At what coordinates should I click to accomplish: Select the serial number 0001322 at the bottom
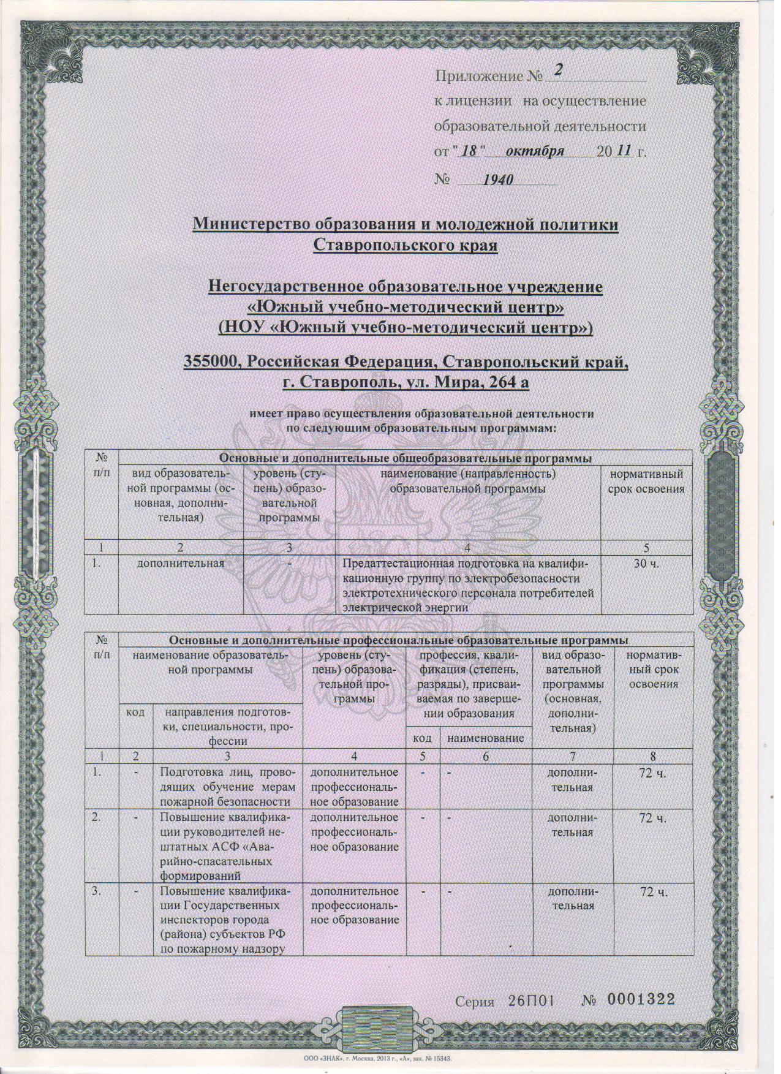641,999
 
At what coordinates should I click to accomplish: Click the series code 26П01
531,1000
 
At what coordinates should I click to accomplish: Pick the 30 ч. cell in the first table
645,564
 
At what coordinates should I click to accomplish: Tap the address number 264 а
500,384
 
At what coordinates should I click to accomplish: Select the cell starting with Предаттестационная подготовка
464,585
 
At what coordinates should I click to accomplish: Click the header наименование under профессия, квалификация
486,739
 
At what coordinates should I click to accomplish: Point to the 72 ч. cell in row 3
653,893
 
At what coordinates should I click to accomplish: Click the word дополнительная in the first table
180,563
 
